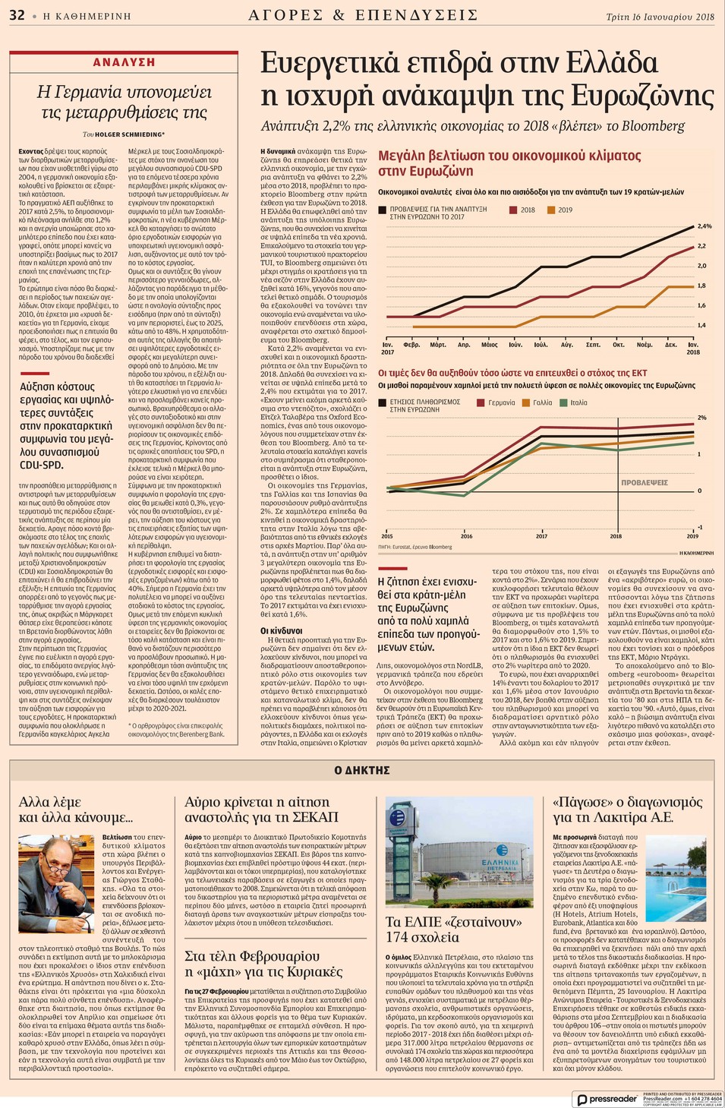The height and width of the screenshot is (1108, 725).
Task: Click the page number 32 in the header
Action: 17,14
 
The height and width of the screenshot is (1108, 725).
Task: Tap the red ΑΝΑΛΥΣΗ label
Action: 124,62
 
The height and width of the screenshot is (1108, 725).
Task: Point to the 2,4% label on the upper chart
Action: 705,226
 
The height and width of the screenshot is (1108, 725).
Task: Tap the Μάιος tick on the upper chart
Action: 490,345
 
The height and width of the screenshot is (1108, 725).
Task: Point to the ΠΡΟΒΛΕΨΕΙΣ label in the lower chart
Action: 644,482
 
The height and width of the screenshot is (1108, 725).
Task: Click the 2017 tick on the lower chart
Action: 541,536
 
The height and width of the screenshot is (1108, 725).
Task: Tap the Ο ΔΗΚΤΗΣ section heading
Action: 362,770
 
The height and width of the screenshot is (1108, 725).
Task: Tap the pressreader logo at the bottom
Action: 607,1099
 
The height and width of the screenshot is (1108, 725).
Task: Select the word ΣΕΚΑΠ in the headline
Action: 312,817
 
